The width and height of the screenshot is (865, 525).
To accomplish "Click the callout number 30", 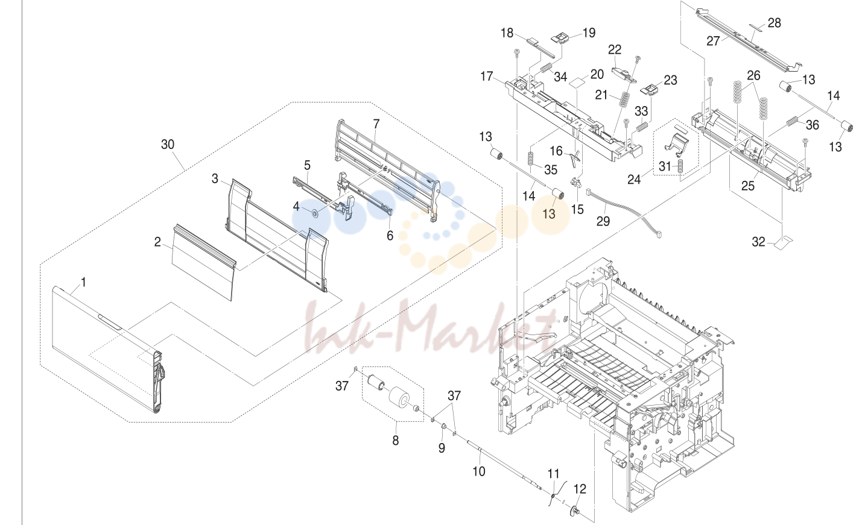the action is (168, 145).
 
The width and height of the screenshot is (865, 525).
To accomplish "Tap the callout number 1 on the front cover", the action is (83, 282).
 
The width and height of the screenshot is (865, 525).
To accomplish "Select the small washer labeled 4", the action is (314, 213).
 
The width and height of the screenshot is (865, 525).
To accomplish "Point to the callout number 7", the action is (376, 124).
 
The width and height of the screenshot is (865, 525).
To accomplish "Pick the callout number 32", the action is (758, 242).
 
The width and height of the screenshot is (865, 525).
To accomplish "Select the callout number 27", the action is (713, 41).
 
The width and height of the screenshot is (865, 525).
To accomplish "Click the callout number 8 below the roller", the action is (396, 440).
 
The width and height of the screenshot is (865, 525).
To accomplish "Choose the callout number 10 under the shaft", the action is (479, 471).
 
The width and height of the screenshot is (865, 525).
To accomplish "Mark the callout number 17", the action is (487, 77).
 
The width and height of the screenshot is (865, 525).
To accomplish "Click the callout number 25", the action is (747, 186).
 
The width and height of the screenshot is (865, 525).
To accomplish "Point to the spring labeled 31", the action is (680, 166).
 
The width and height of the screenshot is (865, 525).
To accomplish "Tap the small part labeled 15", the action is (576, 182).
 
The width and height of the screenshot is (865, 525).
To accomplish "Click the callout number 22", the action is (615, 50).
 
